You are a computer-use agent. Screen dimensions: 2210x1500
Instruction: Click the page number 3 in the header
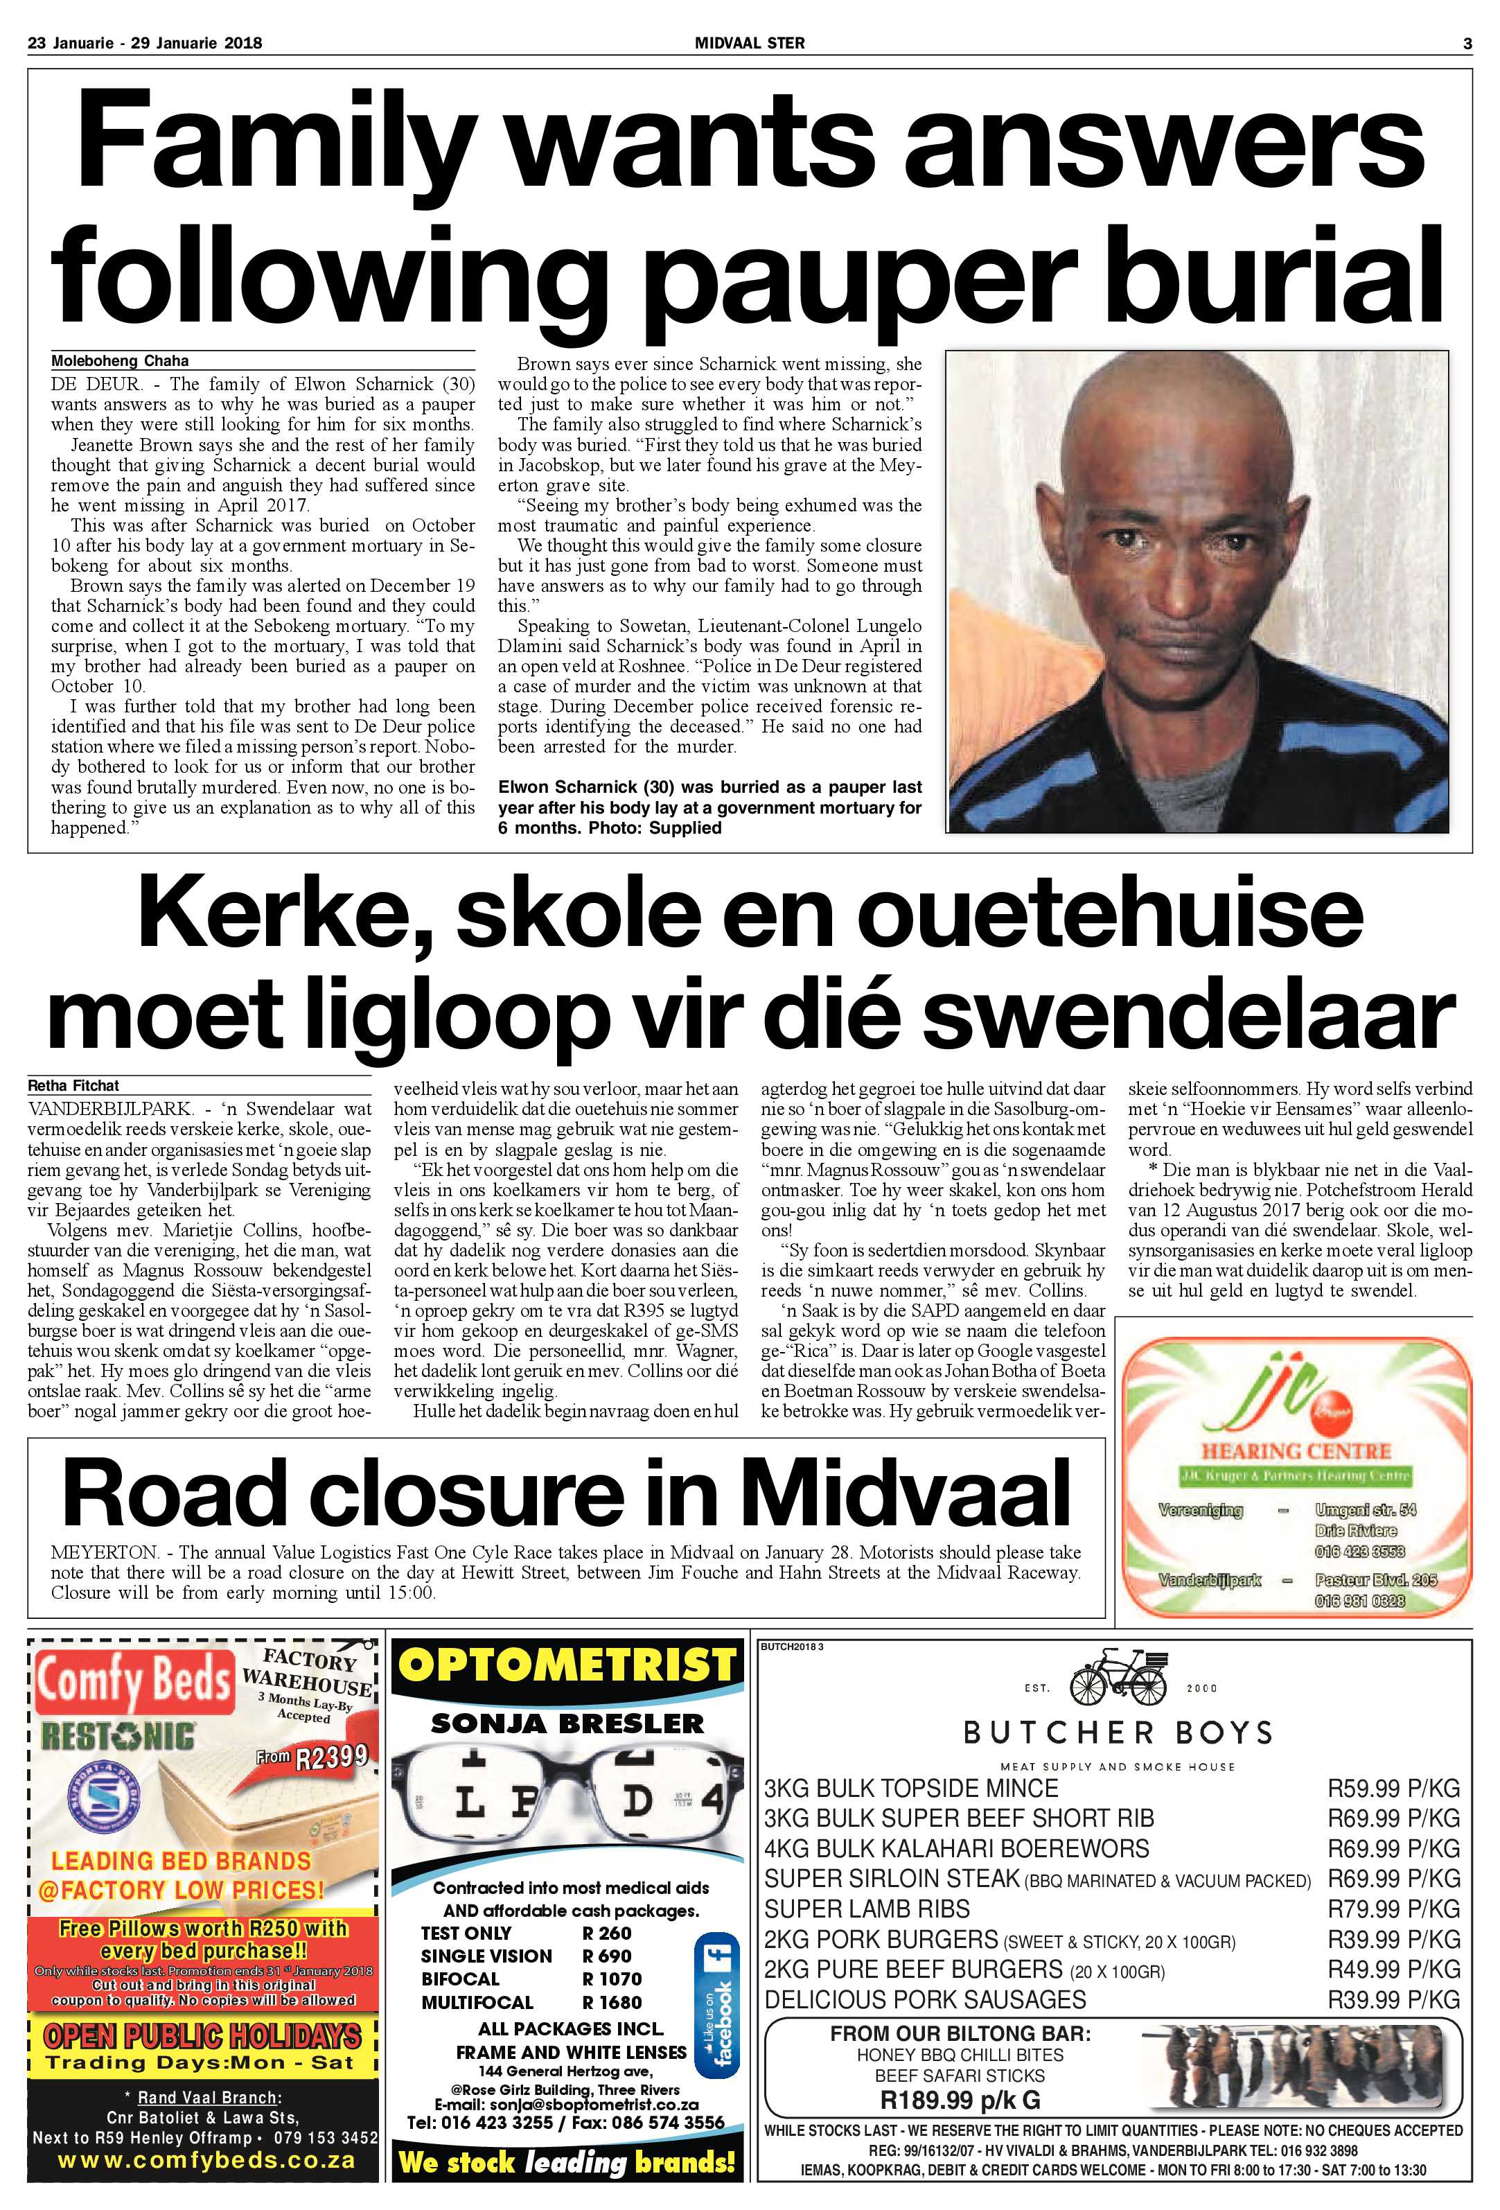[1467, 43]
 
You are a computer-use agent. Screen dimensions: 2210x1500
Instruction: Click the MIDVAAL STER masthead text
[750, 43]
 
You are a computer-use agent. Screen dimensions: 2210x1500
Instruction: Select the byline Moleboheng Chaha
[120, 360]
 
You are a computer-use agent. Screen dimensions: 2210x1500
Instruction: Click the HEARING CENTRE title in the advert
[1296, 1452]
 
